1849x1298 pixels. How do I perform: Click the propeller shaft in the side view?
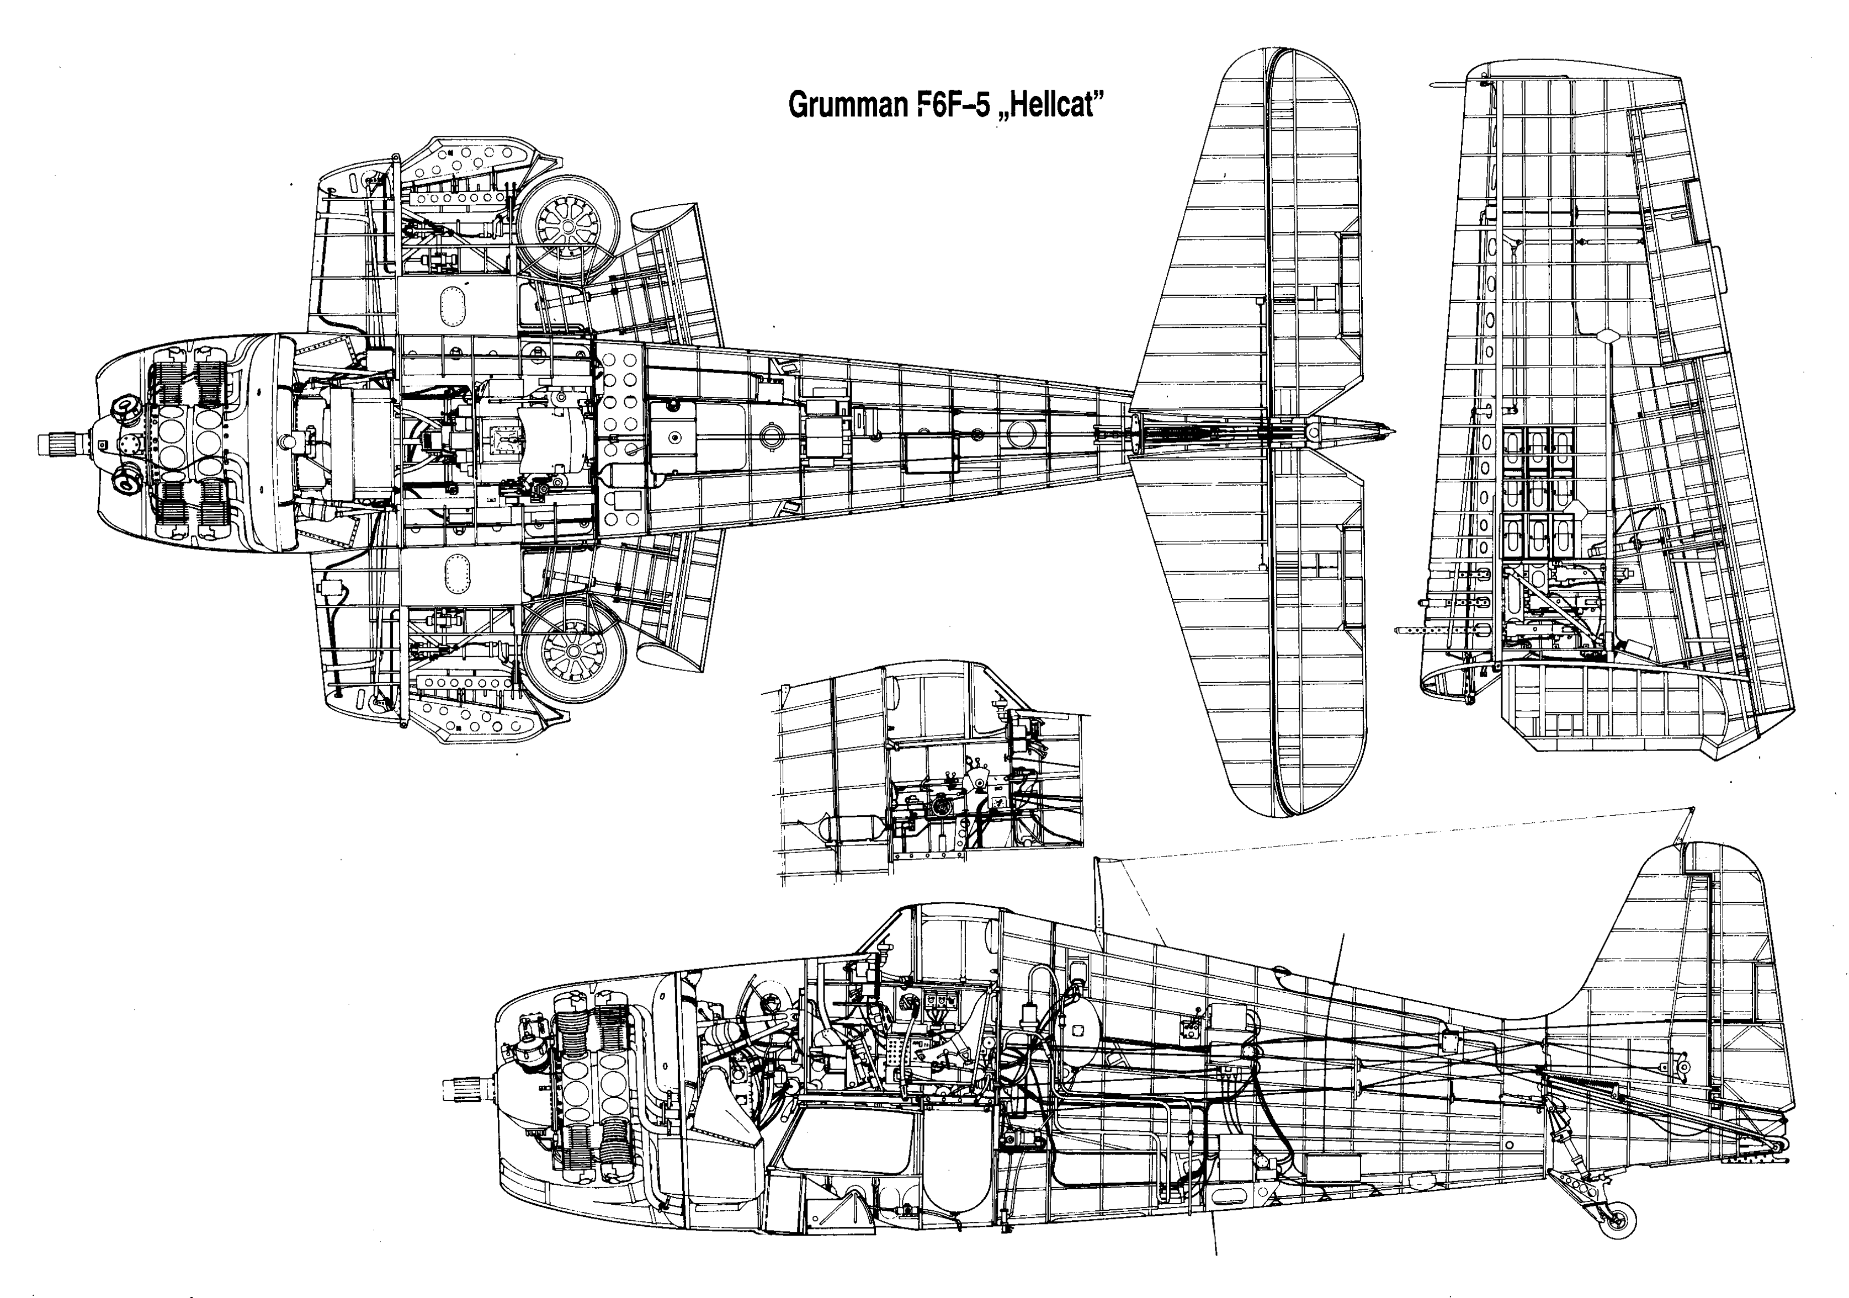(463, 1089)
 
